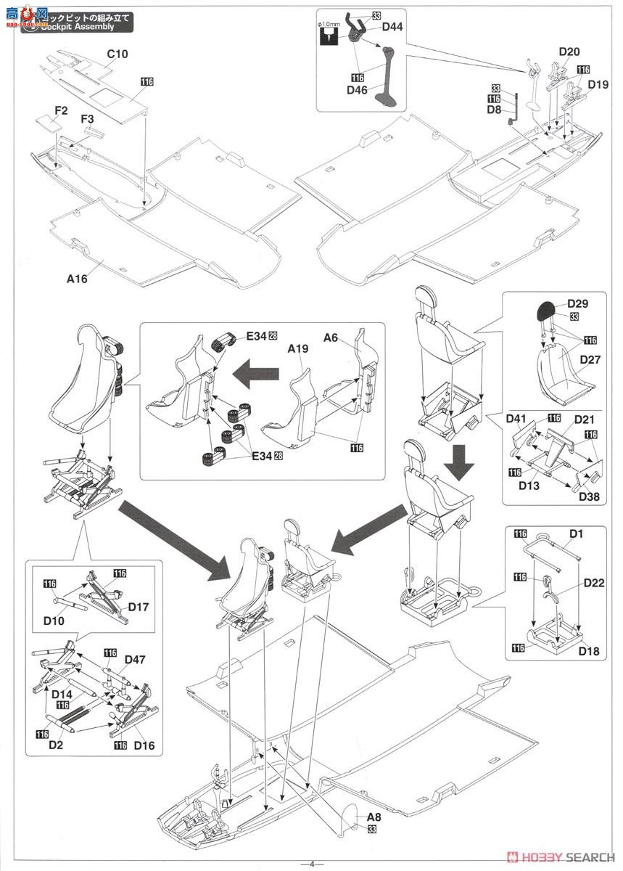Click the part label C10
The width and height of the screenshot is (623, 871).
(118, 54)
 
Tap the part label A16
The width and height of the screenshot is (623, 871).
(77, 279)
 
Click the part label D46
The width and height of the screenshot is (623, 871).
(358, 89)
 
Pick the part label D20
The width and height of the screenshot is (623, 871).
(569, 52)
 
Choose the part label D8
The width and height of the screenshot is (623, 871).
(495, 110)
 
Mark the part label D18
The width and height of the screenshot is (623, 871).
(590, 651)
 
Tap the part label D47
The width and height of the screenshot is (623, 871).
(134, 659)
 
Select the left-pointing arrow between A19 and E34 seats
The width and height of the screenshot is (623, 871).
(257, 376)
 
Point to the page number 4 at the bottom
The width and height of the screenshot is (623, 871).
(311, 863)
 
